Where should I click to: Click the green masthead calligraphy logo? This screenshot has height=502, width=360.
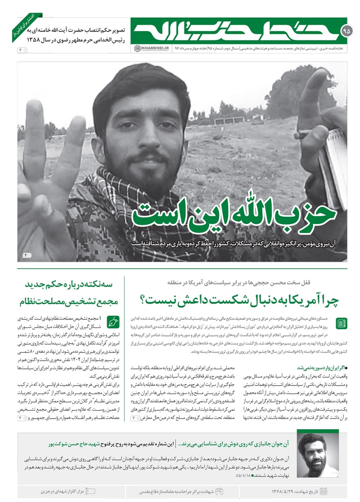tap(234, 31)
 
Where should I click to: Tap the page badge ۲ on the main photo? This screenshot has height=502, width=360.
tap(27, 255)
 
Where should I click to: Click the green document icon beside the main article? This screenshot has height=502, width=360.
tap(342, 323)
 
